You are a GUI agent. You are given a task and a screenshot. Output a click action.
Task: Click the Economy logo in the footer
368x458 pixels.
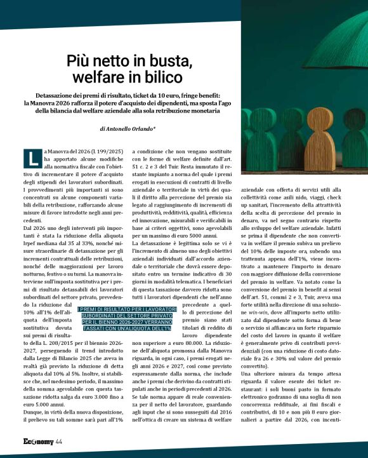(x=37, y=441)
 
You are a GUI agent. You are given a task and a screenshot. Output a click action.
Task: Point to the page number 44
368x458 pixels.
(x=58, y=441)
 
